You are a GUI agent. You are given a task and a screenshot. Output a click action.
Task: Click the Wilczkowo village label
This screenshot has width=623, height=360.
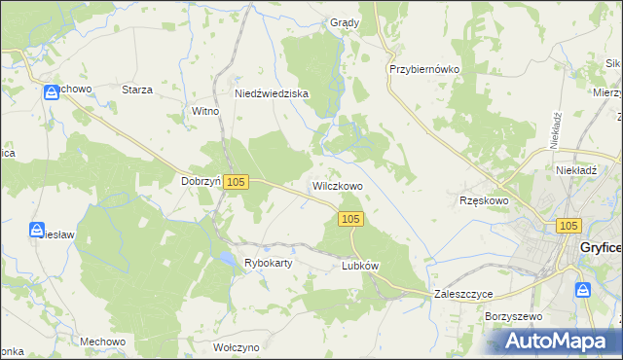coord(337,185)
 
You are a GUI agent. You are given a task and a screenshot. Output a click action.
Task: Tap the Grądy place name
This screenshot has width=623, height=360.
coord(345,22)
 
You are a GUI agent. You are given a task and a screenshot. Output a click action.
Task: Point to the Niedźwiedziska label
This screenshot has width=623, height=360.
coord(272,93)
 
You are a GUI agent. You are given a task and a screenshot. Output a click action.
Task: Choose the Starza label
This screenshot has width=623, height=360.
coord(137,90)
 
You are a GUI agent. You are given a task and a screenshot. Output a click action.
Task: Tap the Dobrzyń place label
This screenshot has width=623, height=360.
coord(201,181)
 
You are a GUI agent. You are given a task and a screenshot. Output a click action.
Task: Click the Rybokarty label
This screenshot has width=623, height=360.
coord(269,263)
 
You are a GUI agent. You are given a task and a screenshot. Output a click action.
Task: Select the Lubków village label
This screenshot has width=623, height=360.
coord(359,265)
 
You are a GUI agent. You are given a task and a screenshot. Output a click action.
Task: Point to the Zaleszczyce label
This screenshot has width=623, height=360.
coord(463,293)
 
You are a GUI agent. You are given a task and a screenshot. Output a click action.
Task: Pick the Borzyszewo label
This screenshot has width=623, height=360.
coord(512,317)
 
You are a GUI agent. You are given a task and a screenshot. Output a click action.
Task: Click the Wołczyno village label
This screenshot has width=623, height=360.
coord(236,347)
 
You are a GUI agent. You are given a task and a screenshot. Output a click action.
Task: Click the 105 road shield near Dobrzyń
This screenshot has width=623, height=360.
coord(237,182)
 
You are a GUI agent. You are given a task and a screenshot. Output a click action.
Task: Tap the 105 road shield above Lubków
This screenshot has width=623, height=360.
coord(352,220)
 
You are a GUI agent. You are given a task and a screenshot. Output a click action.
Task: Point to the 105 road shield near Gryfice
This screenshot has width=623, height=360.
coord(570,225)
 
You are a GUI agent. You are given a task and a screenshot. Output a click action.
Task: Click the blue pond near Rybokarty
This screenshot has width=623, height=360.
coord(225,259)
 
